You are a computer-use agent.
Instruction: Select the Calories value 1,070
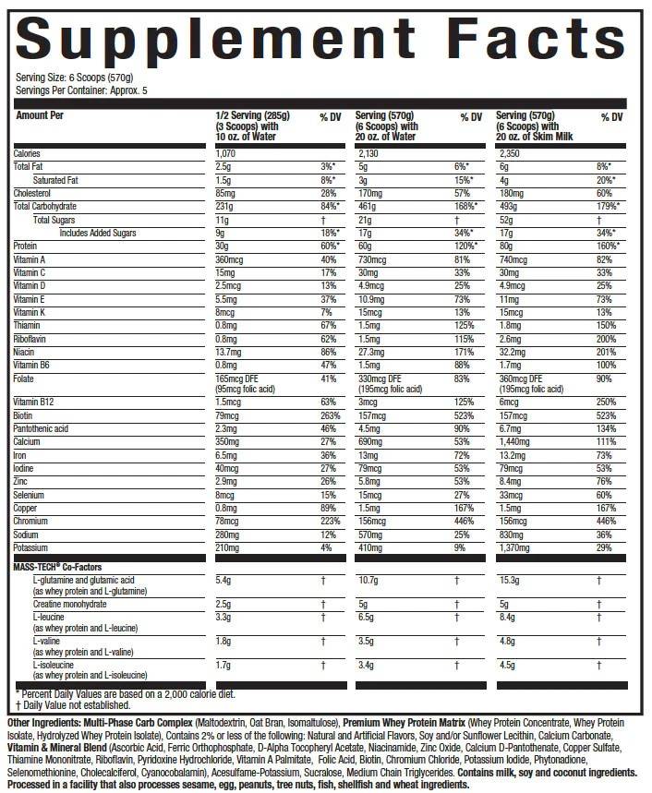(226, 153)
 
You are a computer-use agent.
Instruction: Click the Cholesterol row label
(34, 193)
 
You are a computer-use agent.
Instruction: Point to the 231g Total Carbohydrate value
(223, 207)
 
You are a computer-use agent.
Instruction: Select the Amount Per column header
(41, 116)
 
